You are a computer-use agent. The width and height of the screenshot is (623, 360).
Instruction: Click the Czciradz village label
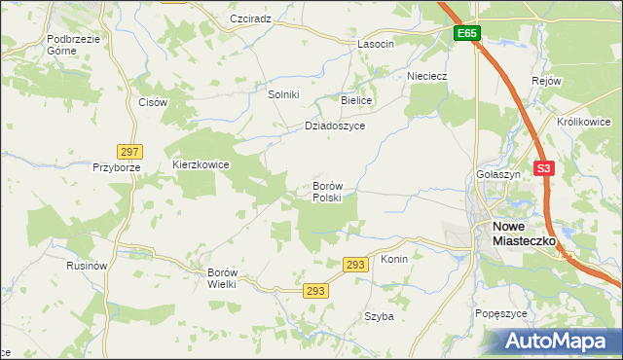(x=250, y=18)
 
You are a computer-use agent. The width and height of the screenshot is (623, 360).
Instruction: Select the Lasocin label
(x=375, y=44)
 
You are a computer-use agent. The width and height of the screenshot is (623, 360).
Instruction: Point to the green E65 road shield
(x=467, y=33)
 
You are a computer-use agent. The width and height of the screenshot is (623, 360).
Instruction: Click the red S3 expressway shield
(x=544, y=168)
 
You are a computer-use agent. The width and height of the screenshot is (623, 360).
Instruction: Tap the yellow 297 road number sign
(x=130, y=151)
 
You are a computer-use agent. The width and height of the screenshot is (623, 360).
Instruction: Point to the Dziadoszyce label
(x=334, y=126)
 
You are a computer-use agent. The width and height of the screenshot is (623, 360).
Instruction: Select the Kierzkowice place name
(x=201, y=164)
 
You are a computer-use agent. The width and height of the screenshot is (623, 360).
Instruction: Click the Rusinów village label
(x=86, y=266)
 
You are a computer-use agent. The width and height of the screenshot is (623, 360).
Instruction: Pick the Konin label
(x=393, y=260)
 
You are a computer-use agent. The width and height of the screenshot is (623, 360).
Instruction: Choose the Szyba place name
(x=379, y=316)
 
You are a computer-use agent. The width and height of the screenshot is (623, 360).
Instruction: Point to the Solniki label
(x=283, y=94)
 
